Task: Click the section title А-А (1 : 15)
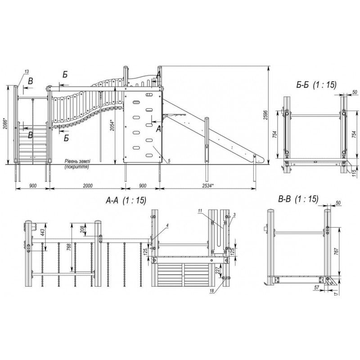126,200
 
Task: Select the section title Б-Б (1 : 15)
316,85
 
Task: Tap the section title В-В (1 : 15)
298,199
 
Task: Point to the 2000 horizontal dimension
88,185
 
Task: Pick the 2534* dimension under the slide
208,185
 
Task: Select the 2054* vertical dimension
112,125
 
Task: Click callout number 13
27,72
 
